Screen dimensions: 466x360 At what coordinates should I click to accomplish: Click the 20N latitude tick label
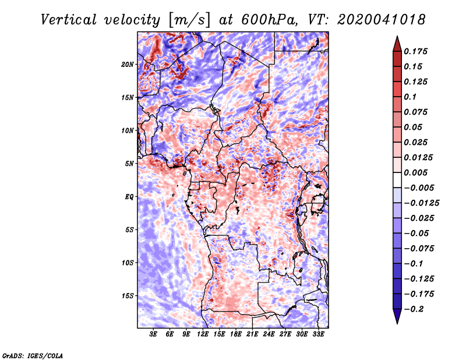128,65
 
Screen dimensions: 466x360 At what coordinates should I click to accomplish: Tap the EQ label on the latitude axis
129,197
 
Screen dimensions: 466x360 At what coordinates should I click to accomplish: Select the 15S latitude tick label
128,296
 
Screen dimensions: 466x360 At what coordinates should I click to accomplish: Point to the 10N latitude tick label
128,130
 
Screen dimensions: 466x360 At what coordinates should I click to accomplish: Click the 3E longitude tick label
153,334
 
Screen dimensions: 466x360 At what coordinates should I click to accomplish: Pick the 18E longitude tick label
236,334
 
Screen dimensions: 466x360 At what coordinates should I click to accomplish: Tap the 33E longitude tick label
318,334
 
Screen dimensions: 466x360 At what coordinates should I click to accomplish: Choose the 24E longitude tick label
269,334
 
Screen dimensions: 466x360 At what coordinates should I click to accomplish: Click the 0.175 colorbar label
415,51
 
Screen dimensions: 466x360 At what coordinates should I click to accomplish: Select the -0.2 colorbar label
414,309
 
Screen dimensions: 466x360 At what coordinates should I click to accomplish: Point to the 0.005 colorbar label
415,172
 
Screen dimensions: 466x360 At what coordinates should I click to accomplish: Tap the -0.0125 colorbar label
421,203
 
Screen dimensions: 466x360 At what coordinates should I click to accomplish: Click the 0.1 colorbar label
410,97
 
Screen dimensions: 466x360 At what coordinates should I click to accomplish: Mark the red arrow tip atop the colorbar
397,36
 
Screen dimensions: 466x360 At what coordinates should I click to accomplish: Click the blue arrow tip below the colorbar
397,323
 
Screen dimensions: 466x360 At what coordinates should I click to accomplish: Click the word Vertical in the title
69,20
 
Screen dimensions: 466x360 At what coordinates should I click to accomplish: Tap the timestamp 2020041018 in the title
382,20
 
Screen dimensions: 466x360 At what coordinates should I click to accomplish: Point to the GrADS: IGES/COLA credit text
33,355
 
